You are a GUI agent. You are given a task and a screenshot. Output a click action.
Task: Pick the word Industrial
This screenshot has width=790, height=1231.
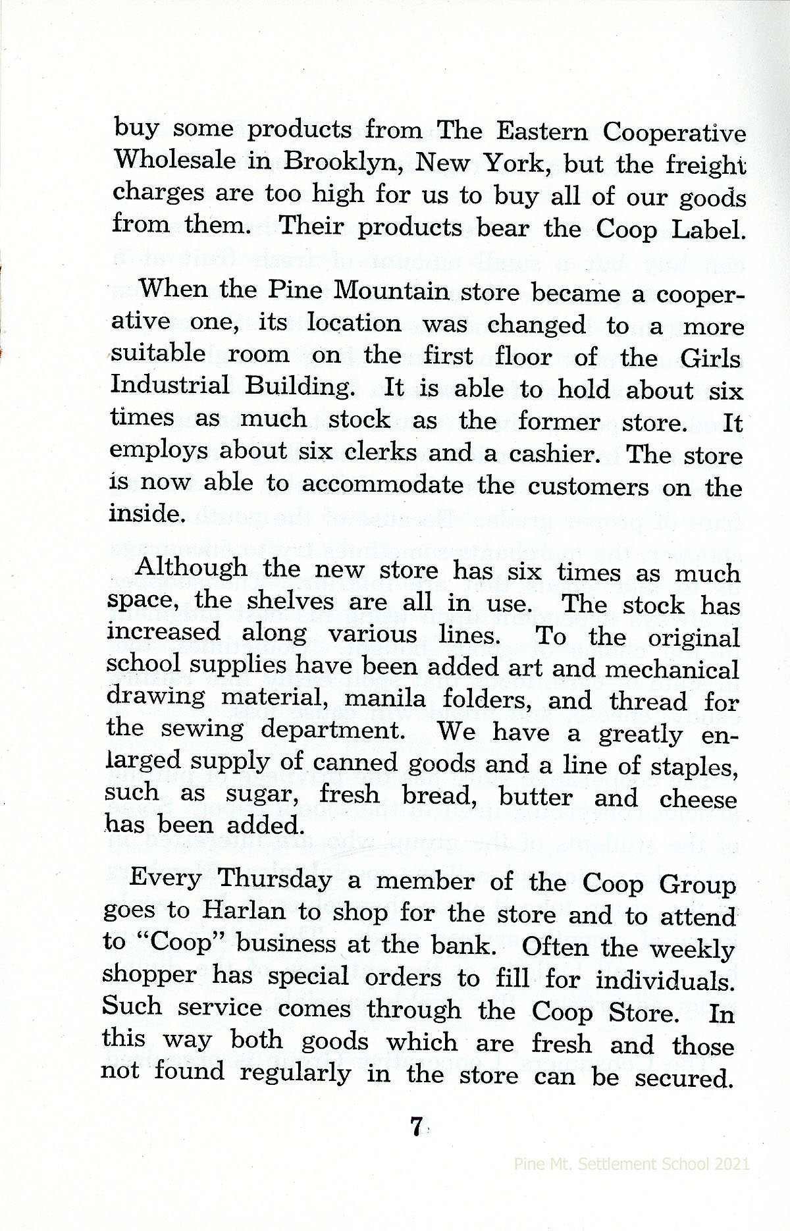pyautogui.click(x=170, y=384)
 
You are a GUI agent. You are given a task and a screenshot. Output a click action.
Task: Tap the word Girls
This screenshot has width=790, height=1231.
pyautogui.click(x=710, y=359)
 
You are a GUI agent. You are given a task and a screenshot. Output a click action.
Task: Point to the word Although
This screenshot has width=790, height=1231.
pyautogui.click(x=190, y=567)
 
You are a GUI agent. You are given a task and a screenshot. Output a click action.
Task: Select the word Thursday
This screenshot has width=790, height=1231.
pyautogui.click(x=275, y=879)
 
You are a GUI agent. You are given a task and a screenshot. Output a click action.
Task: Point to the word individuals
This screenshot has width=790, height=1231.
pyautogui.click(x=665, y=982)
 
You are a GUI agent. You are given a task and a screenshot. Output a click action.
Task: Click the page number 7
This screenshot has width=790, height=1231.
pyautogui.click(x=415, y=1127)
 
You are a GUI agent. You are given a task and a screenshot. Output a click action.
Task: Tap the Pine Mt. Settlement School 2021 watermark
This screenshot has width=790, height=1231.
pyautogui.click(x=631, y=1163)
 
